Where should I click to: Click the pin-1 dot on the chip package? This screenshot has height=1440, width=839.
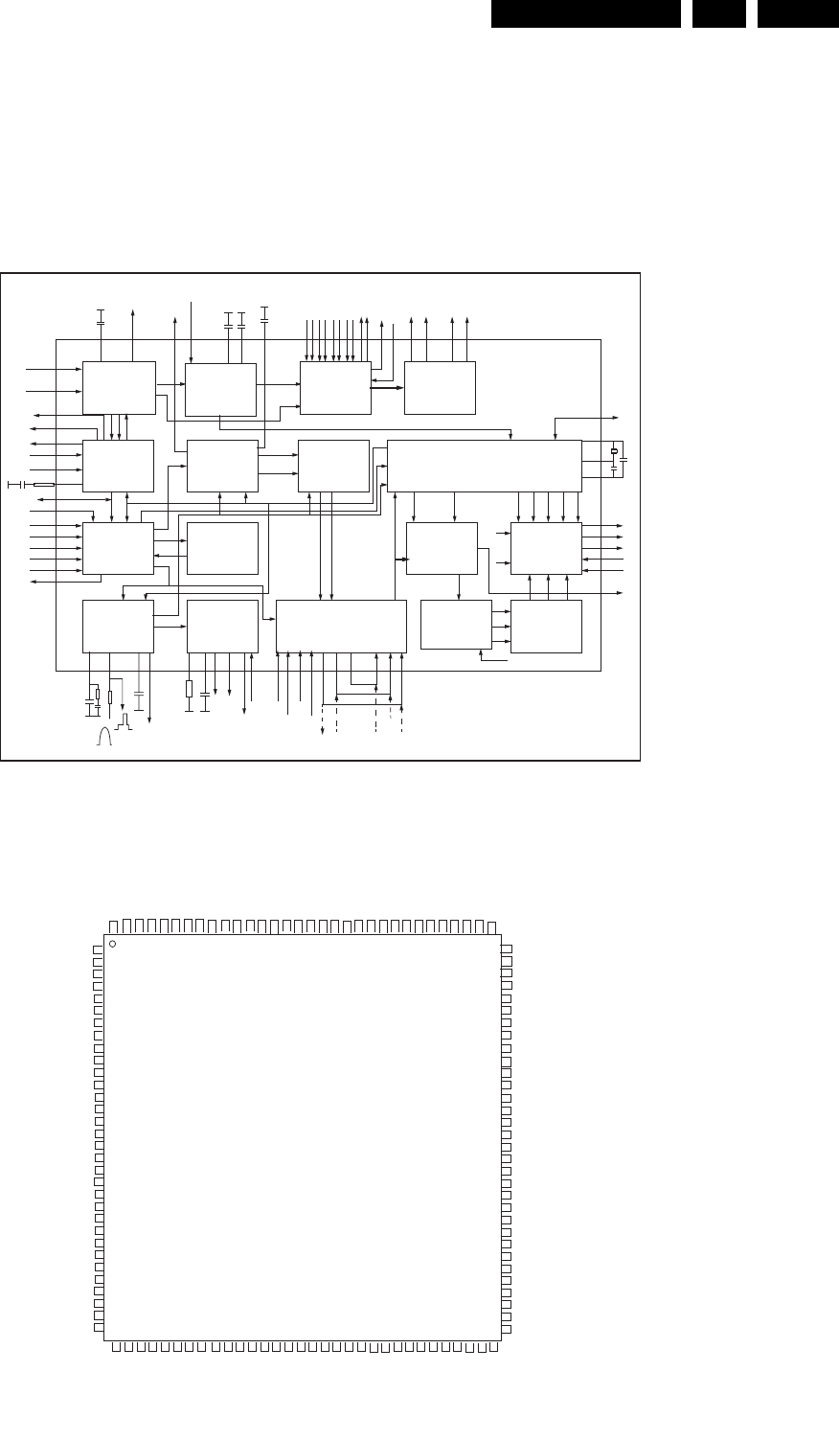click(113, 945)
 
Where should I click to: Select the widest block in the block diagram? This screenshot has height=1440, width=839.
click(484, 466)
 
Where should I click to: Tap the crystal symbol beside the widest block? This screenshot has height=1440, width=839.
click(613, 451)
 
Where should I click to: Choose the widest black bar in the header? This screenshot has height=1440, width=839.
click(585, 13)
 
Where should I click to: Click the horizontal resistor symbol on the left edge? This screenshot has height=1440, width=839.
click(43, 485)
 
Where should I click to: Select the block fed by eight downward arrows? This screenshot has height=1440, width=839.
click(335, 388)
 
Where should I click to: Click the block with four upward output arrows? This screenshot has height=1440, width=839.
click(440, 388)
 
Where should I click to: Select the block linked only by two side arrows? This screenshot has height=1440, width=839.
click(222, 548)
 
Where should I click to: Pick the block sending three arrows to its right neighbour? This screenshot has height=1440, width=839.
click(456, 624)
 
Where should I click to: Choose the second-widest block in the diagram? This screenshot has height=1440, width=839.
click(341, 626)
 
